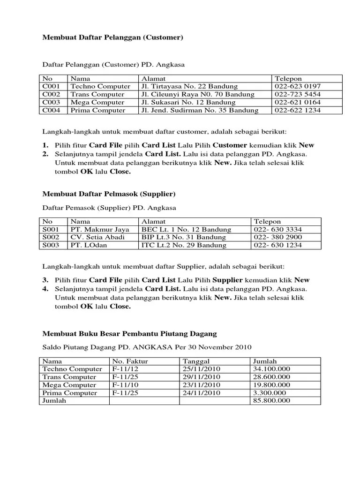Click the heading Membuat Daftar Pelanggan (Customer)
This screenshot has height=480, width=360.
click(x=113, y=37)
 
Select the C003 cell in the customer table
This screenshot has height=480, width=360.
click(x=51, y=102)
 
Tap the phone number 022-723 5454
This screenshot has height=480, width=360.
click(x=298, y=94)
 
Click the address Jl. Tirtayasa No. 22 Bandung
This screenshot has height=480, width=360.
click(x=189, y=86)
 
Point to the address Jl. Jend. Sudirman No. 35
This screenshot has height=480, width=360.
click(x=199, y=110)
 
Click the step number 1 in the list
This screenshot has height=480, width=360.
click(x=45, y=145)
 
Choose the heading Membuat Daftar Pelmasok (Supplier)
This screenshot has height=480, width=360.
click(x=109, y=194)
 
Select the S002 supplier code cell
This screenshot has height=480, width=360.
click(x=51, y=237)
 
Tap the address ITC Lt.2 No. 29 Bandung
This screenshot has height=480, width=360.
click(x=184, y=245)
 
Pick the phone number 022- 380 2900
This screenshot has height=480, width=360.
click(x=278, y=237)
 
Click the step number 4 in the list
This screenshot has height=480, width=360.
click(x=45, y=289)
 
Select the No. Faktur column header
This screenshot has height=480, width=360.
click(x=128, y=361)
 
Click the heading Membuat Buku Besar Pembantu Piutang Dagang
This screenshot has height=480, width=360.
click(x=130, y=334)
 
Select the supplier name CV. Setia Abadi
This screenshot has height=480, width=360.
click(x=98, y=237)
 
